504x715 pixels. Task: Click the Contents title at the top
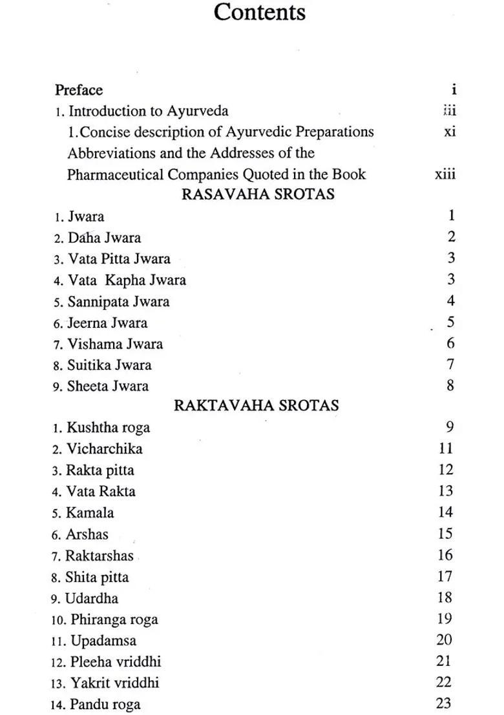260,12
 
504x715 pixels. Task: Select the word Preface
79,90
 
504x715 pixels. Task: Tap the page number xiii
445,174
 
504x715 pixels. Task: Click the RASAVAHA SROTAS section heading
258,194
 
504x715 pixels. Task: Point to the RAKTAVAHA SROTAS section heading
257,405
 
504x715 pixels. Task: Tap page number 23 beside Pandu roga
444,703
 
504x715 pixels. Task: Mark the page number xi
450,132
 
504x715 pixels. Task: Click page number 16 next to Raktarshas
445,555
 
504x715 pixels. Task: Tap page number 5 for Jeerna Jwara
450,322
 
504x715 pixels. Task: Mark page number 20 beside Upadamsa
444,640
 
